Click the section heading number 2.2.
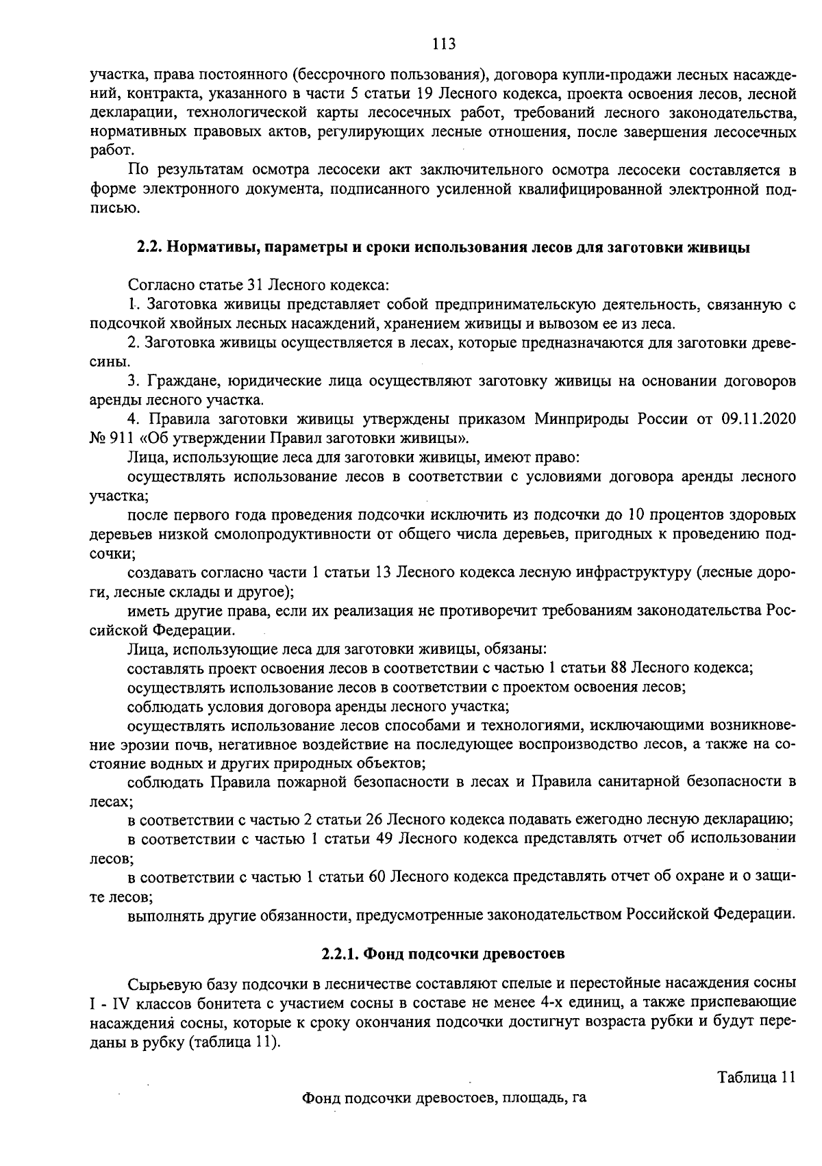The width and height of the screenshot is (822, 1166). [148, 248]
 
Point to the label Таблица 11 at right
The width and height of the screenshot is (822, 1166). [756, 1076]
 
